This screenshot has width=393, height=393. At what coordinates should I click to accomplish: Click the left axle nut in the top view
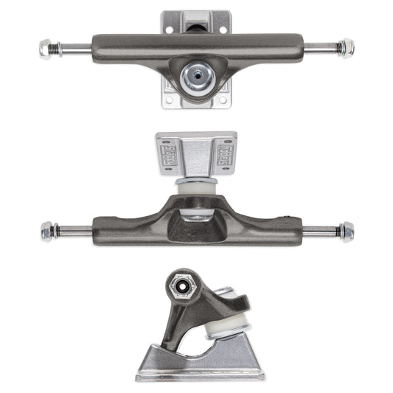[46, 49]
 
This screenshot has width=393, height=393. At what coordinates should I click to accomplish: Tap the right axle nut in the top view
[346, 49]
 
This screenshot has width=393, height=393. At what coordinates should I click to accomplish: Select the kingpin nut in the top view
[196, 74]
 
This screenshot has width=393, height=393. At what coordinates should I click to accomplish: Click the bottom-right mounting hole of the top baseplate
[223, 99]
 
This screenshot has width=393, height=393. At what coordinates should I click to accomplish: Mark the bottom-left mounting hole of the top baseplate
[170, 99]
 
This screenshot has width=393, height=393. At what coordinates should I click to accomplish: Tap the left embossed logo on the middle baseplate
[168, 157]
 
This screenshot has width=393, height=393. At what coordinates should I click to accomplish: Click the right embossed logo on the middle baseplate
[223, 157]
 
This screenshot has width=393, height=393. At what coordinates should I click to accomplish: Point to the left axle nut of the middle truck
[46, 231]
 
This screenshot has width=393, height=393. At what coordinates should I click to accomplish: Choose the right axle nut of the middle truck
[346, 231]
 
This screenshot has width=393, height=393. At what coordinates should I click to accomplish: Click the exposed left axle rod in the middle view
[74, 232]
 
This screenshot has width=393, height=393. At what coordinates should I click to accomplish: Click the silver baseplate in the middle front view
[196, 151]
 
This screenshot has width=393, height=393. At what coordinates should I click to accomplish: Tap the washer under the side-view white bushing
[225, 335]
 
